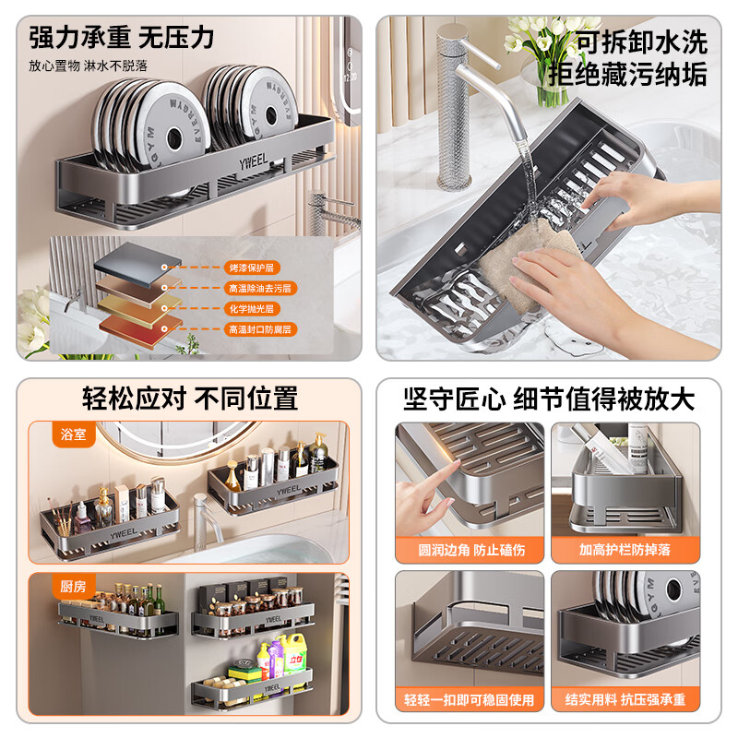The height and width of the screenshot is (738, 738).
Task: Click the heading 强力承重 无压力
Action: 122,38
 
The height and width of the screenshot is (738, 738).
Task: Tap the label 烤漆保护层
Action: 251,268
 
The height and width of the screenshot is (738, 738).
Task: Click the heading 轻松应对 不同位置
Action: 190,399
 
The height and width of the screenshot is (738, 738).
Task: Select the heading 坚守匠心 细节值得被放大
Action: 549,399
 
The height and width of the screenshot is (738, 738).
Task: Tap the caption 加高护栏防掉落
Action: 625,549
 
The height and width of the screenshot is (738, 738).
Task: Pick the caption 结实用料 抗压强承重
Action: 625,700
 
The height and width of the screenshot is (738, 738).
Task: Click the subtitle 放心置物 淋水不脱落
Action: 88,65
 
